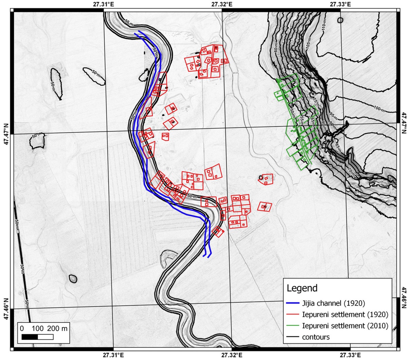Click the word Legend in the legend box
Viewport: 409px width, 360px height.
[x=302, y=288]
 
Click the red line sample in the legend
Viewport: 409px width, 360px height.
[x=294, y=315]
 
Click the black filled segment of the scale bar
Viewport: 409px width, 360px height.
[x=30, y=337]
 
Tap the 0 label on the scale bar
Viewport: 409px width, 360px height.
[x=22, y=329]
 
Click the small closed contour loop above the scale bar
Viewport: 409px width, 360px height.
[x=73, y=279]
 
